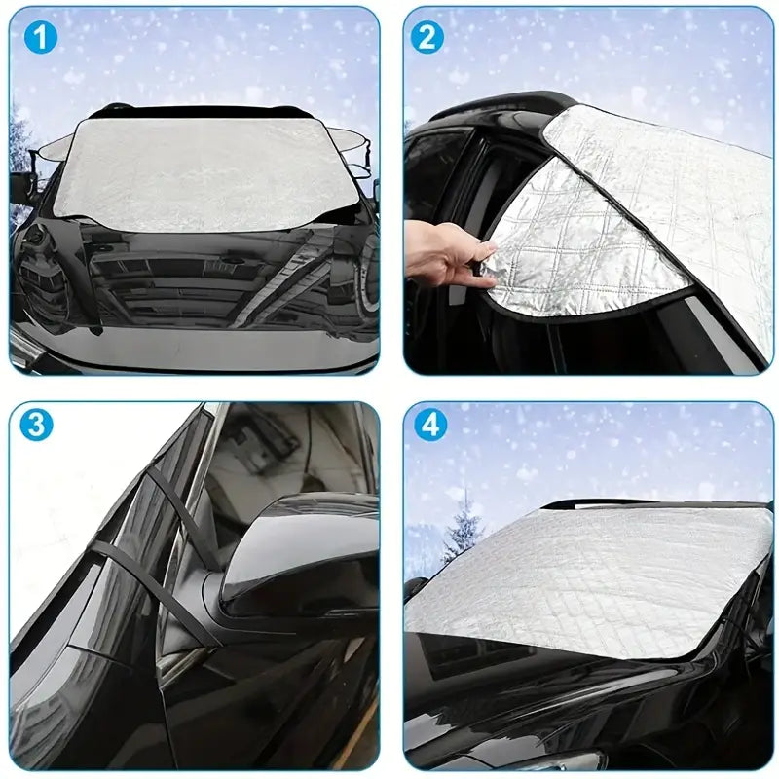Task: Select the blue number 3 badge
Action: point(36,425)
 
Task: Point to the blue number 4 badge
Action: point(429,425)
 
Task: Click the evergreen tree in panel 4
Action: point(462,531)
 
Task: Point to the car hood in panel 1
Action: point(195,282)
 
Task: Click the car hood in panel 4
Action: point(545,691)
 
